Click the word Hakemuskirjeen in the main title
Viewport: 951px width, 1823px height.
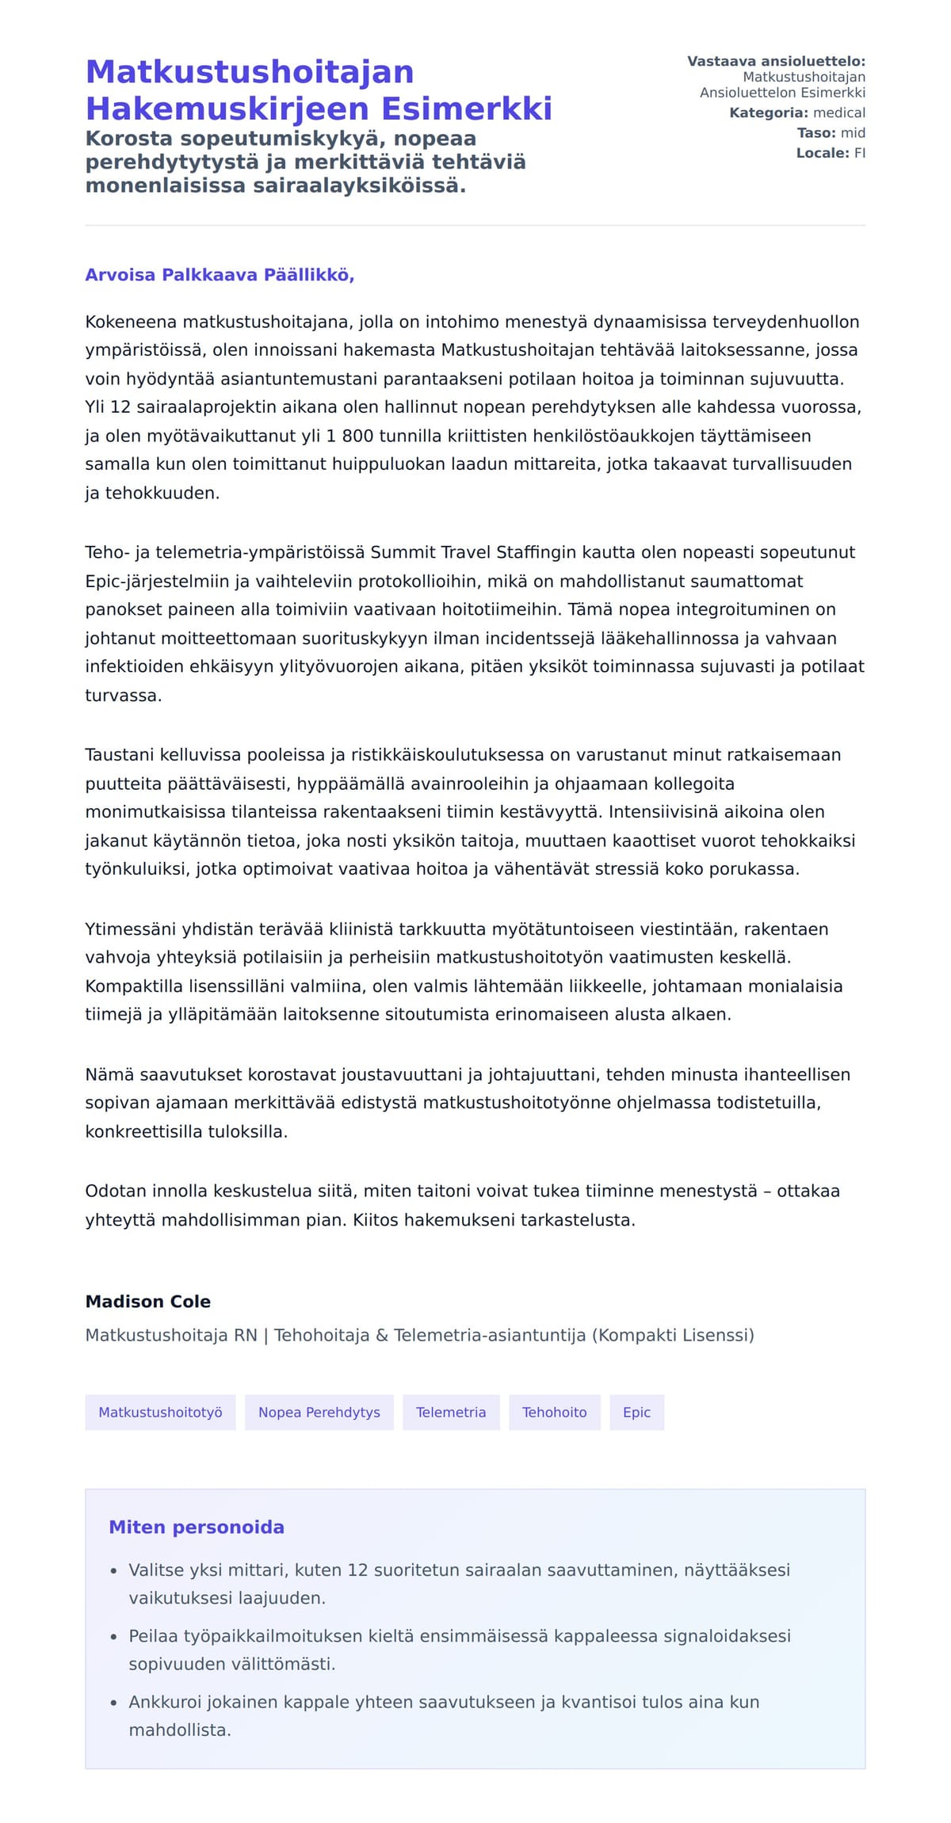[228, 109]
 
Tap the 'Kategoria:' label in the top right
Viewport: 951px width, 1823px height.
[768, 113]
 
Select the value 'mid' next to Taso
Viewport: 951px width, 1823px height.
[853, 133]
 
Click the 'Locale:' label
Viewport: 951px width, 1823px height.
[823, 154]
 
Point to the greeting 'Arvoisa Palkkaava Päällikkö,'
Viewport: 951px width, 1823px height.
[220, 275]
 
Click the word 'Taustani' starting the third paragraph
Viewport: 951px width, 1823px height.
[120, 755]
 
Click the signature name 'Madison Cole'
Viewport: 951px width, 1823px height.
[148, 1302]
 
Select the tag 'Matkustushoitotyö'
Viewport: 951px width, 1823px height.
[160, 1413]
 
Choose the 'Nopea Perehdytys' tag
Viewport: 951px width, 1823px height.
[319, 1413]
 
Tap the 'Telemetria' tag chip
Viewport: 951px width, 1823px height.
[451, 1413]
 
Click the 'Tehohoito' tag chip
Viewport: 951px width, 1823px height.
[554, 1413]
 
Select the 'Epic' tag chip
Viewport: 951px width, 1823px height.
[636, 1413]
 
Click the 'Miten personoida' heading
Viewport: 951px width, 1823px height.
[197, 1527]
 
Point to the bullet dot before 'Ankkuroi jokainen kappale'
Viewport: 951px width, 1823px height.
[113, 1703]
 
